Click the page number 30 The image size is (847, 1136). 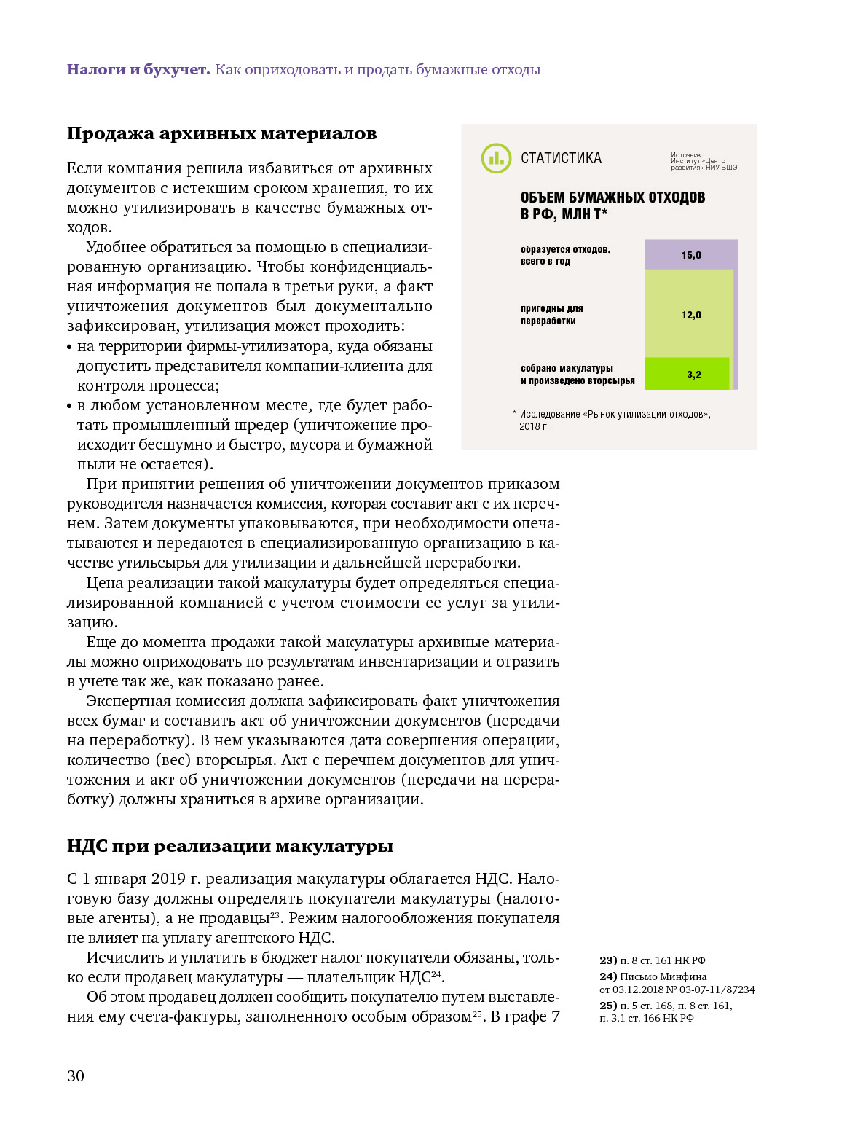pos(76,1076)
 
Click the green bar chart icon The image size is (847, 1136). pos(496,158)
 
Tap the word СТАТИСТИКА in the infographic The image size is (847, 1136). pos(561,158)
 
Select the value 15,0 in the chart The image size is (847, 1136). pos(691,255)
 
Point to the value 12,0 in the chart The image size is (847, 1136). pos(691,315)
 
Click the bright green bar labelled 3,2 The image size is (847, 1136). pos(687,374)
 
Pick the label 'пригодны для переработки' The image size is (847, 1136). pos(551,315)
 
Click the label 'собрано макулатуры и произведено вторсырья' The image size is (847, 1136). pos(577,375)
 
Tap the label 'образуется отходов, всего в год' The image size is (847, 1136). pos(565,255)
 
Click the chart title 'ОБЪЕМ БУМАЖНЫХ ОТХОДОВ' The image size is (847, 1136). pos(612,197)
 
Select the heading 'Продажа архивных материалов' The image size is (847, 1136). pos(221,133)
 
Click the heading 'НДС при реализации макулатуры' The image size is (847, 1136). pos(230,846)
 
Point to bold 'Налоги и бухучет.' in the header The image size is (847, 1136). pos(138,69)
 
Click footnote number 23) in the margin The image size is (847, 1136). pos(608,960)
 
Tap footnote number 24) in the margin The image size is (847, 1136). pos(608,976)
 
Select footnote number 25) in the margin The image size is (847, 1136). pos(608,1006)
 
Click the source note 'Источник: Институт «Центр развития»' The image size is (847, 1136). pos(703,161)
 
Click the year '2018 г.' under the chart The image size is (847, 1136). pos(534,426)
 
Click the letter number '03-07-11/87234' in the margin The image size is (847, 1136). pos(717,990)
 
